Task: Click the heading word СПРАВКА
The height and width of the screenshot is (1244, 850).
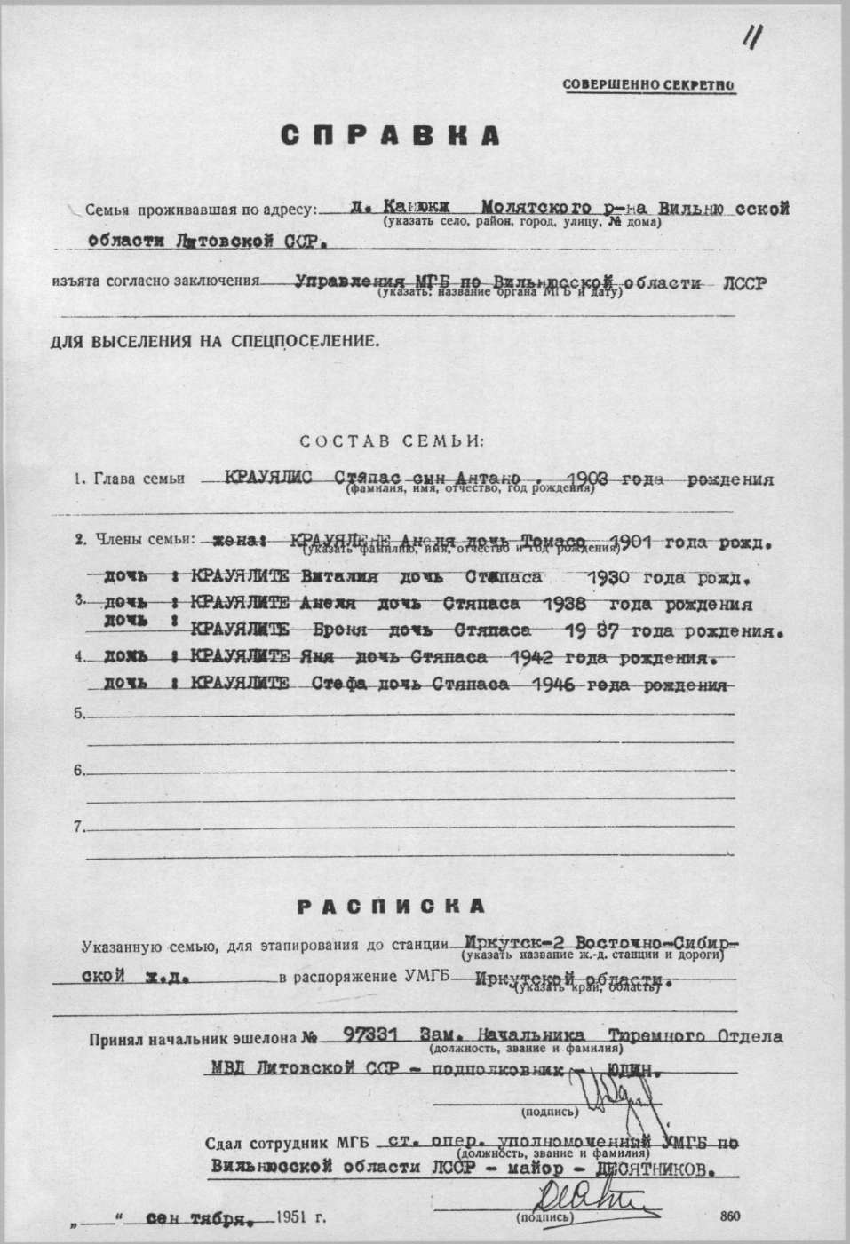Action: click(x=391, y=135)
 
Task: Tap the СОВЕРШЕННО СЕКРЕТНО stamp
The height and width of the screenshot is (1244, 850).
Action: click(x=648, y=85)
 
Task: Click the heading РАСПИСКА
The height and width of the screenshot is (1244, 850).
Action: click(x=391, y=906)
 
